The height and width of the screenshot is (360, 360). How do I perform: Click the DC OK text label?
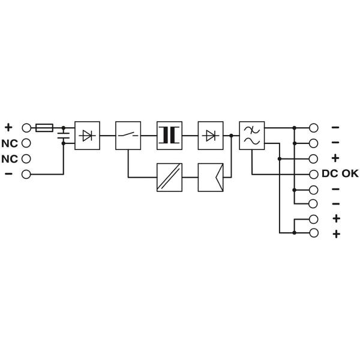[x=341, y=174]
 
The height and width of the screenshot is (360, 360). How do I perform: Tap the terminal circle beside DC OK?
[x=314, y=174]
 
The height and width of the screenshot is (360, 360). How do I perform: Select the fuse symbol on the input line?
[x=44, y=128]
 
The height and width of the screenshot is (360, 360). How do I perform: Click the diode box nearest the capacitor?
[x=87, y=136]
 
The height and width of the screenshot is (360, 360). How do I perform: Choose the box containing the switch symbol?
[x=128, y=136]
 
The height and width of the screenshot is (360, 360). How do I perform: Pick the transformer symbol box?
[x=169, y=136]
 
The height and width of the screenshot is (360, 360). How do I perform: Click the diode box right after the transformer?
[x=210, y=136]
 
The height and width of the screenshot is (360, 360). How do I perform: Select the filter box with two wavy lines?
[x=251, y=136]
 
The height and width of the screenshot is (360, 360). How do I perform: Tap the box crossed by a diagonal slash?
[x=169, y=178]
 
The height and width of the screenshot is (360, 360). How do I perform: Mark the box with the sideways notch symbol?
[x=210, y=178]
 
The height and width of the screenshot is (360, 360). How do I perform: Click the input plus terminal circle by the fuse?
[x=26, y=128]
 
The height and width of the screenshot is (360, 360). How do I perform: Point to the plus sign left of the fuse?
[x=8, y=127]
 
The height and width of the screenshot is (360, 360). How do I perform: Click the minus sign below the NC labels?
[x=8, y=174]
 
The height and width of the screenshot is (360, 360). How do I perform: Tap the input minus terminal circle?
[x=26, y=174]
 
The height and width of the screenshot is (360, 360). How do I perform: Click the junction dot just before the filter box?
[x=231, y=136]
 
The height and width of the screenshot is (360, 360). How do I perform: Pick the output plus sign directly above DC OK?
[x=335, y=158]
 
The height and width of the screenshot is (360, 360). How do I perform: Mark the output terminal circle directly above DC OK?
[x=314, y=158]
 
